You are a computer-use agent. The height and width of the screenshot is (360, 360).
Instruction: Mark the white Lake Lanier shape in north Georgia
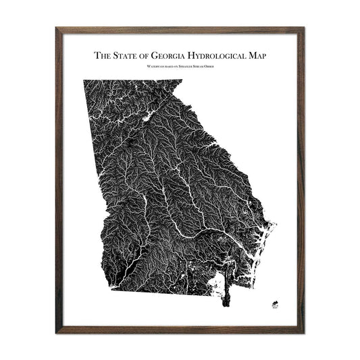(x=145, y=122)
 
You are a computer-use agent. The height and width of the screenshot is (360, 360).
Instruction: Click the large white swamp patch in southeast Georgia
(x=217, y=280)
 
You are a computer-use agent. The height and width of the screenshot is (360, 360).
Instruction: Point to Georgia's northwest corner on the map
(x=84, y=81)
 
